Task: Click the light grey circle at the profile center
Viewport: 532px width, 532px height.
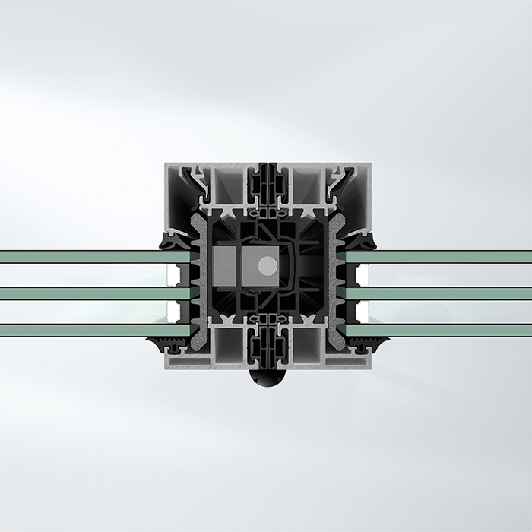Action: pos(268,265)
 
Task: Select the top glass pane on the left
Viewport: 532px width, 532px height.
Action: pos(84,256)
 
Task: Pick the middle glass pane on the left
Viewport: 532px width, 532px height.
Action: pos(84,293)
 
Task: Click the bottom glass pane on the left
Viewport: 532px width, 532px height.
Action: pos(84,330)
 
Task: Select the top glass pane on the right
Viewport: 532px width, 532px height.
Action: pos(448,256)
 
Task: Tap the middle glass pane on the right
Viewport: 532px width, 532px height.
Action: pos(448,293)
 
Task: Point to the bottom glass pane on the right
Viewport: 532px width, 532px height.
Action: pos(448,330)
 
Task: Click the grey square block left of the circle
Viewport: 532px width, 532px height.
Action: pos(226,265)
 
